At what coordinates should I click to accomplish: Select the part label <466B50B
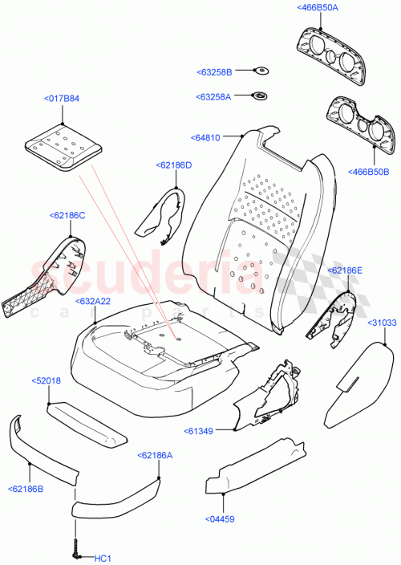pyautogui.click(x=368, y=171)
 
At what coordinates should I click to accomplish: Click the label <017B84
pyautogui.click(x=63, y=99)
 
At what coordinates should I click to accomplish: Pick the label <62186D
pyautogui.click(x=174, y=165)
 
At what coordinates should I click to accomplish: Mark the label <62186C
pyautogui.click(x=67, y=215)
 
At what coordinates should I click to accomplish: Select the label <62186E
pyautogui.click(x=345, y=270)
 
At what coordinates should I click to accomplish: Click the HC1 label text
pyautogui.click(x=103, y=556)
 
